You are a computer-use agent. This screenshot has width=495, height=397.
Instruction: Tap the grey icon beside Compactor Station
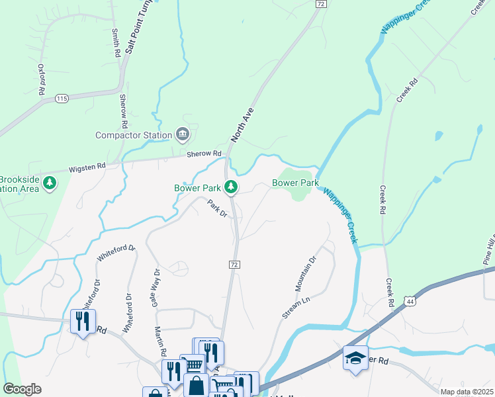[183, 135]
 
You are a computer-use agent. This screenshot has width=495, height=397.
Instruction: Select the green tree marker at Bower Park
[231, 188]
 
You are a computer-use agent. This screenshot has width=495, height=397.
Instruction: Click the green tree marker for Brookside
[50, 183]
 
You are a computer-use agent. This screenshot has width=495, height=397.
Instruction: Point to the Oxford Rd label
[41, 78]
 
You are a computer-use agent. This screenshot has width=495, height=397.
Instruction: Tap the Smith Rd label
[115, 43]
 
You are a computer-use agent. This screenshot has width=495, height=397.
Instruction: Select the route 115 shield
[62, 99]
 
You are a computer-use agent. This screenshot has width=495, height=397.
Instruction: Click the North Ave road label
[242, 126]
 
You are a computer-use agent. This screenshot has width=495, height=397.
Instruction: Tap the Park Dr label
[217, 209]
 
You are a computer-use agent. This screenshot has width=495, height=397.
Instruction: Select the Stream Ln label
[296, 308]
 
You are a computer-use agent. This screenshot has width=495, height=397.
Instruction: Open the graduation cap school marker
[355, 358]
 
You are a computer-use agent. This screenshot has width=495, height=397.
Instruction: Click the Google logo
[22, 389]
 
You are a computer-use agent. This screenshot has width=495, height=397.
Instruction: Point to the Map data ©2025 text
[467, 392]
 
